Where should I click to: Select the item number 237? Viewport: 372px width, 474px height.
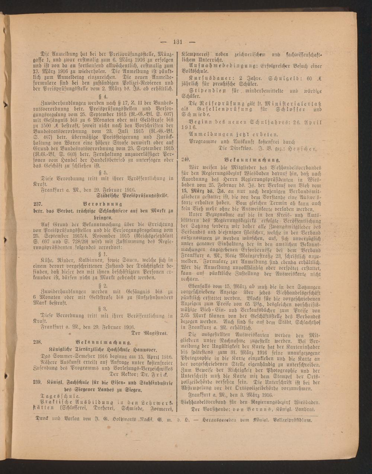[x=38, y=204]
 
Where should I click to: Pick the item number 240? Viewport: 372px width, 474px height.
[x=186, y=159]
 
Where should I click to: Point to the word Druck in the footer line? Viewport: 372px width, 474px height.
[x=42, y=419]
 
